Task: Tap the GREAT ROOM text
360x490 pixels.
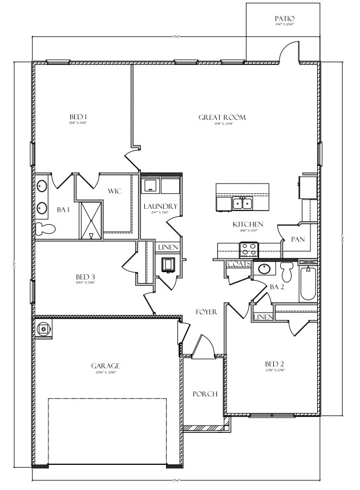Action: pyautogui.click(x=222, y=118)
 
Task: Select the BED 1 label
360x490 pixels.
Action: pyautogui.click(x=78, y=118)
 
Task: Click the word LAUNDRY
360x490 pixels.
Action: pyautogui.click(x=160, y=206)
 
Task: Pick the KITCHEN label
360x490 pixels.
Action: pyautogui.click(x=248, y=225)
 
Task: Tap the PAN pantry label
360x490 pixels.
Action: pyautogui.click(x=297, y=240)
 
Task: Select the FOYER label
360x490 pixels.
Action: pyautogui.click(x=205, y=312)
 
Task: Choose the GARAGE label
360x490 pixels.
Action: pyautogui.click(x=105, y=366)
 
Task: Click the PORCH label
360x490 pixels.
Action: pyautogui.click(x=204, y=394)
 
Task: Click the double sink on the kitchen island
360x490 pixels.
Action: pyautogui.click(x=243, y=203)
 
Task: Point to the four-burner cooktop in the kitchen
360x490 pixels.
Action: pyautogui.click(x=249, y=249)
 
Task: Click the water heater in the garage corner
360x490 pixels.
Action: pyautogui.click(x=43, y=329)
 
